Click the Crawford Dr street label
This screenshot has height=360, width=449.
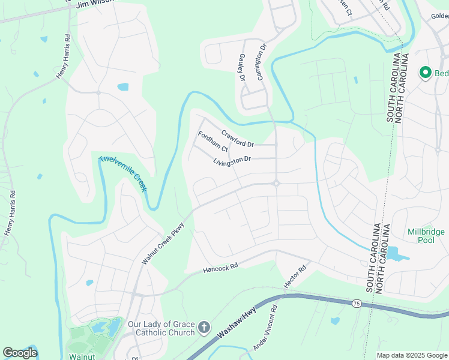point(238,139)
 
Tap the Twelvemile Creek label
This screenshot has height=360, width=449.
point(123,173)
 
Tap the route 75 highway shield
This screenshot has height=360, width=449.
point(357,304)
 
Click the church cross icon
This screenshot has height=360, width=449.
point(203,328)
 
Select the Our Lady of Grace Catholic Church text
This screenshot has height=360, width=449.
point(161,328)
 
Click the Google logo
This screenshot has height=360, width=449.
point(20,353)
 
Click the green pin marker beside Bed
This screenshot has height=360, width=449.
point(426,73)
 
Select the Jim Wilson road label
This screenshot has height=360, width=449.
point(90,5)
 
